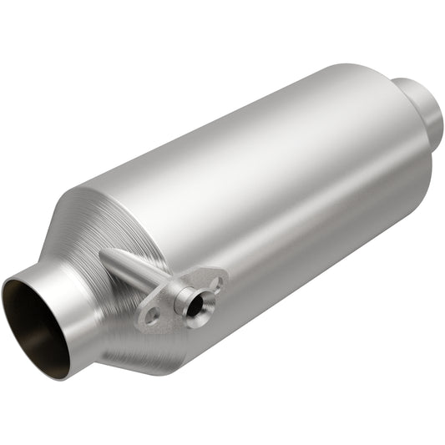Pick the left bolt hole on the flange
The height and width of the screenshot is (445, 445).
click(150, 316)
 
